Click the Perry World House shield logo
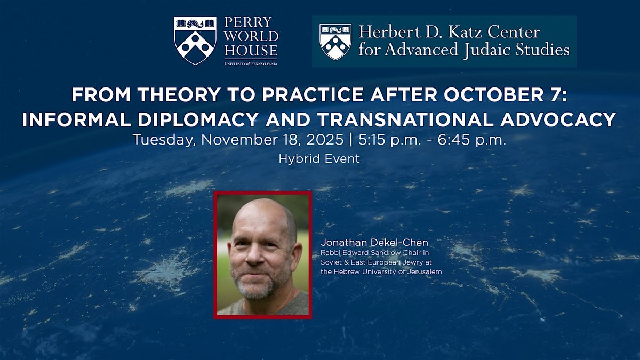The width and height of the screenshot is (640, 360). pyautogui.click(x=195, y=41)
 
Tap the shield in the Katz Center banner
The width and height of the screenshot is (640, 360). pyautogui.click(x=335, y=42)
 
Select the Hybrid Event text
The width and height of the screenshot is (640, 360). pyautogui.click(x=319, y=159)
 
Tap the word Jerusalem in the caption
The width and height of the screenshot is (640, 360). pyautogui.click(x=425, y=272)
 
